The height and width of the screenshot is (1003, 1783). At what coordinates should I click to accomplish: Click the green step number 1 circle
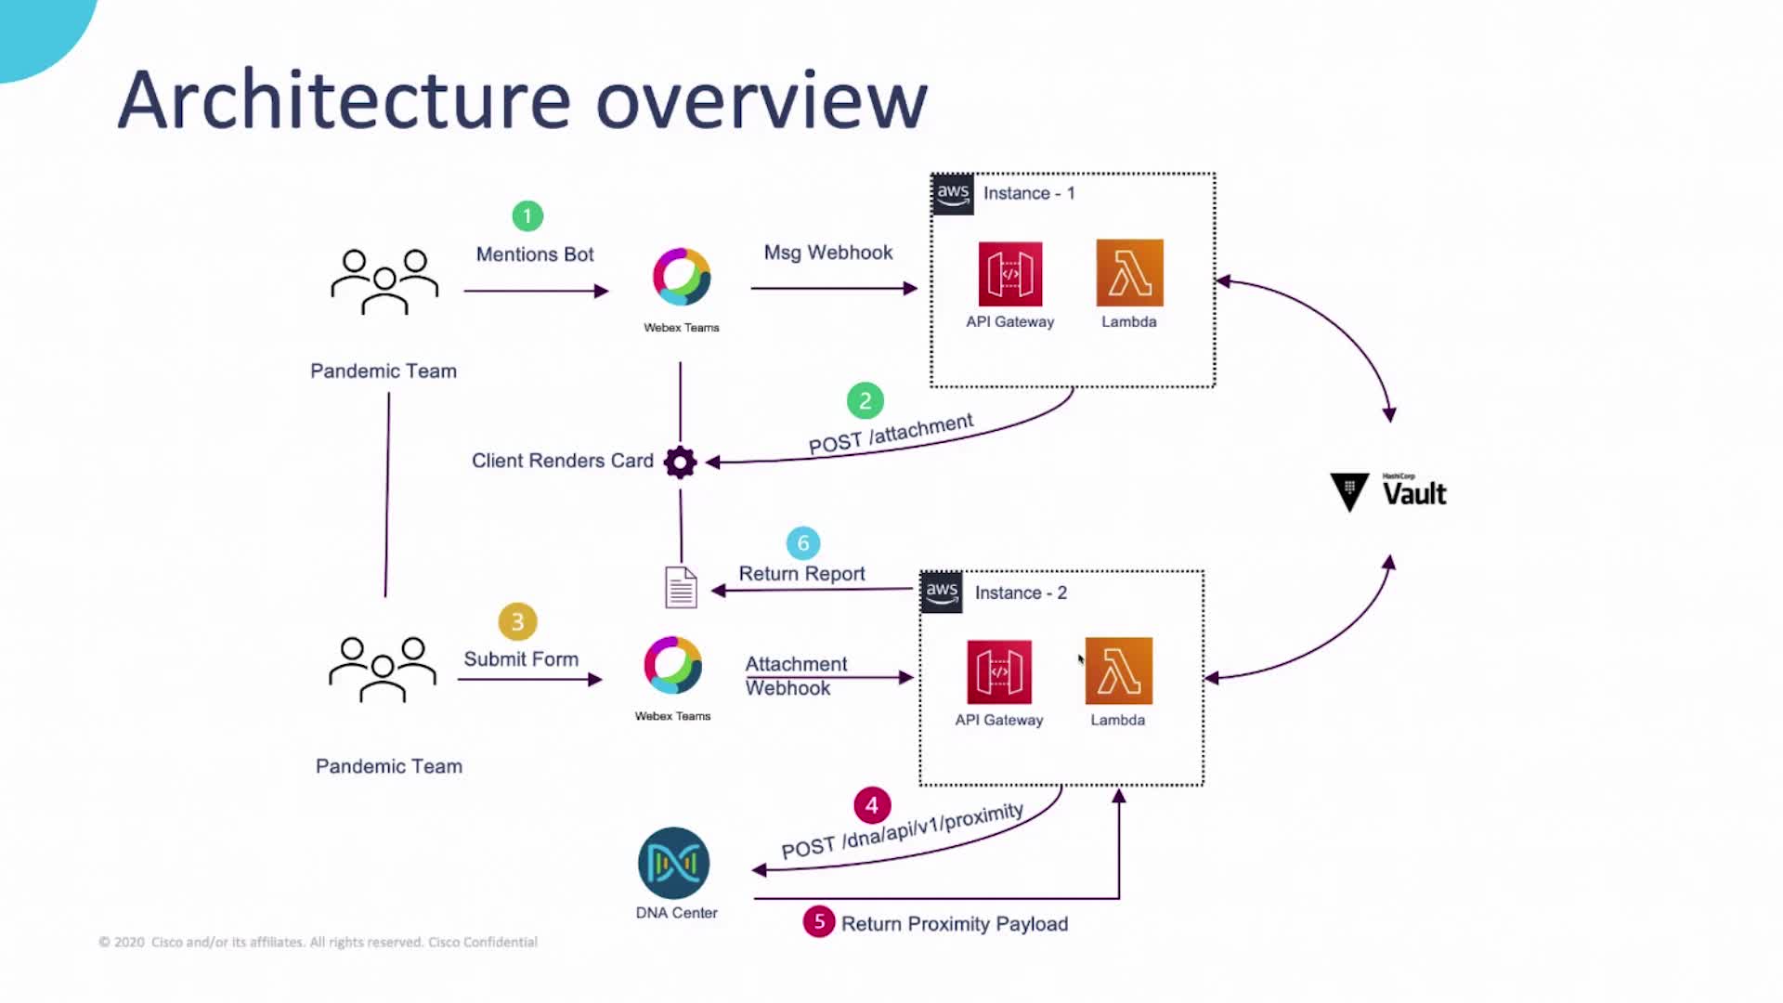click(x=527, y=216)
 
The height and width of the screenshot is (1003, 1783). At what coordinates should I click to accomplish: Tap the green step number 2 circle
click(x=865, y=400)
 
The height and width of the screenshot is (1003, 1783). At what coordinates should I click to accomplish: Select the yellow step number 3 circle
click(x=517, y=621)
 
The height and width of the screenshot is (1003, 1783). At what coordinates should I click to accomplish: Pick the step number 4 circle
click(x=871, y=805)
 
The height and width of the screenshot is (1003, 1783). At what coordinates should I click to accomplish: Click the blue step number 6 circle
click(x=803, y=543)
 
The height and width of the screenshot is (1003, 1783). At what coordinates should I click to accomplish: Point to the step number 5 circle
click(x=818, y=921)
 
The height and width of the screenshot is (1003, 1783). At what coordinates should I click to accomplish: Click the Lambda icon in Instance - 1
click(x=1129, y=273)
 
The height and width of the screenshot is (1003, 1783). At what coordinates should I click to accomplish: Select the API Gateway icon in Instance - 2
click(x=998, y=671)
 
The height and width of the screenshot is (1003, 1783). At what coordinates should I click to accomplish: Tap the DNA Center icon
click(x=674, y=863)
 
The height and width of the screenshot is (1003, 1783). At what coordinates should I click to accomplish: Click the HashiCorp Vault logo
click(x=1388, y=492)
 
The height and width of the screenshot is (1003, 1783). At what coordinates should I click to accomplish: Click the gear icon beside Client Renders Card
click(x=680, y=462)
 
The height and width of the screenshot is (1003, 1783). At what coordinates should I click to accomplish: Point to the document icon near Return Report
click(x=681, y=588)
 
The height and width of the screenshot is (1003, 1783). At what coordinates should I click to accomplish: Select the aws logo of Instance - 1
click(x=953, y=193)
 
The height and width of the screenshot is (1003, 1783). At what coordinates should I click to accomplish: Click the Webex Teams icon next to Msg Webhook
click(x=682, y=277)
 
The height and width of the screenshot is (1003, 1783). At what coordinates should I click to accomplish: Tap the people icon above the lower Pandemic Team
click(x=383, y=669)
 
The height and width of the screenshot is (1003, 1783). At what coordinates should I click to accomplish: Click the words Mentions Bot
click(x=534, y=254)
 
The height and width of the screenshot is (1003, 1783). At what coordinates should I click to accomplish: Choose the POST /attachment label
click(x=891, y=434)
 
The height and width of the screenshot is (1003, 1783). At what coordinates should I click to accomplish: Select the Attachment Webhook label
click(x=796, y=676)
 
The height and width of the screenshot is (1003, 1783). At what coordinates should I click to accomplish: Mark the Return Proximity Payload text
click(x=954, y=924)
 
